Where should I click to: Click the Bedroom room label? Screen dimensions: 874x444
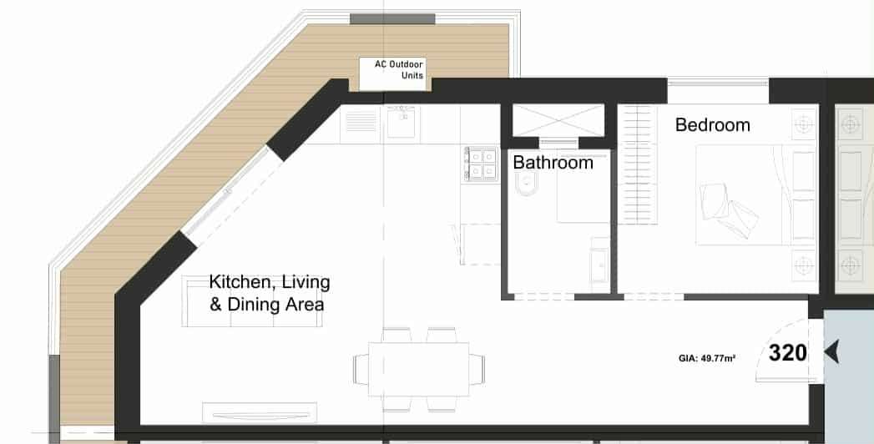tap(712, 125)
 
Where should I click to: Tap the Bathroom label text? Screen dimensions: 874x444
tap(553, 163)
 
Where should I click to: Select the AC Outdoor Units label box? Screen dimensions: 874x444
tap(392, 73)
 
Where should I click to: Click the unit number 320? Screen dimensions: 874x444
tap(787, 353)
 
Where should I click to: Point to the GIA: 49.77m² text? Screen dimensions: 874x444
tap(707, 359)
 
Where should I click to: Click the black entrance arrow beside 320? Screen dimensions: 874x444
tap(831, 353)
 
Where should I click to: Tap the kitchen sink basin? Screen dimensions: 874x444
tap(401, 123)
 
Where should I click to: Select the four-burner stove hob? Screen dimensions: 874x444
tap(481, 164)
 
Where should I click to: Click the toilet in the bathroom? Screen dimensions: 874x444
tap(526, 184)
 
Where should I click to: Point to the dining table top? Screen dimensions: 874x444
tap(418, 369)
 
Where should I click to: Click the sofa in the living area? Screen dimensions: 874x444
tap(252, 300)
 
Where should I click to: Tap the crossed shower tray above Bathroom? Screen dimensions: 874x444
tap(558, 120)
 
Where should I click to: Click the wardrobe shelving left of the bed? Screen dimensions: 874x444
tap(637, 165)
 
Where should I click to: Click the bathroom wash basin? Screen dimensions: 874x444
tap(599, 266)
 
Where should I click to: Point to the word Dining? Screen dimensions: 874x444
tap(249, 305)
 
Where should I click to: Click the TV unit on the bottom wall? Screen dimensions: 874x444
tap(259, 413)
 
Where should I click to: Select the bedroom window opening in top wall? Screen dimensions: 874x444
tap(718, 91)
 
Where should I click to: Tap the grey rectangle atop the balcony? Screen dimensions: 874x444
tap(392, 19)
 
